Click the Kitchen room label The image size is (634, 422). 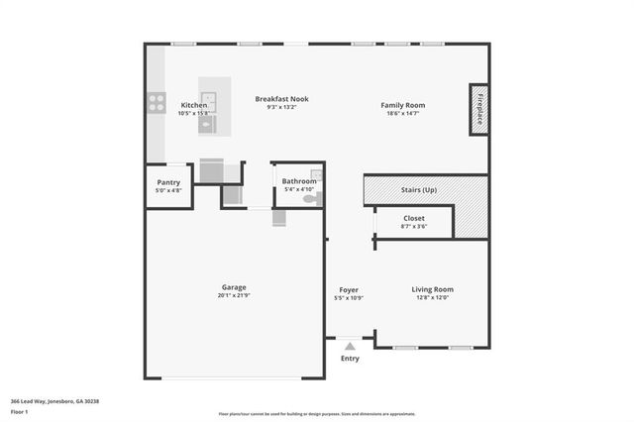[x=194, y=105]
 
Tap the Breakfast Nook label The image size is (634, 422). [x=281, y=98]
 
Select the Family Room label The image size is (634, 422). [x=402, y=105]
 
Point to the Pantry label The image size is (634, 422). [x=168, y=181]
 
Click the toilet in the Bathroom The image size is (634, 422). [x=309, y=199]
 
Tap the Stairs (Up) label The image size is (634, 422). [x=415, y=189]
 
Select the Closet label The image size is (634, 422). [x=414, y=218]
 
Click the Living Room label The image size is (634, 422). [x=432, y=289]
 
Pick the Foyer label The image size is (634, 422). [x=349, y=289]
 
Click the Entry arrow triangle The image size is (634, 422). [x=349, y=346]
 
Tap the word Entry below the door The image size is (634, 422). [x=350, y=359]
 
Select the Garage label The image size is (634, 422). [x=234, y=287]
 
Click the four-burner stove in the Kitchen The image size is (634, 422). [x=157, y=100]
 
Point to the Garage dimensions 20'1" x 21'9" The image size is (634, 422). [x=234, y=296]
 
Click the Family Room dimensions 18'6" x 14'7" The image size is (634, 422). [x=402, y=114]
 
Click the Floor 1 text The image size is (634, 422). [x=20, y=410]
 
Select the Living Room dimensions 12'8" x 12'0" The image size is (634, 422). [x=432, y=297]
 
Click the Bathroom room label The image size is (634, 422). [x=299, y=181]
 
